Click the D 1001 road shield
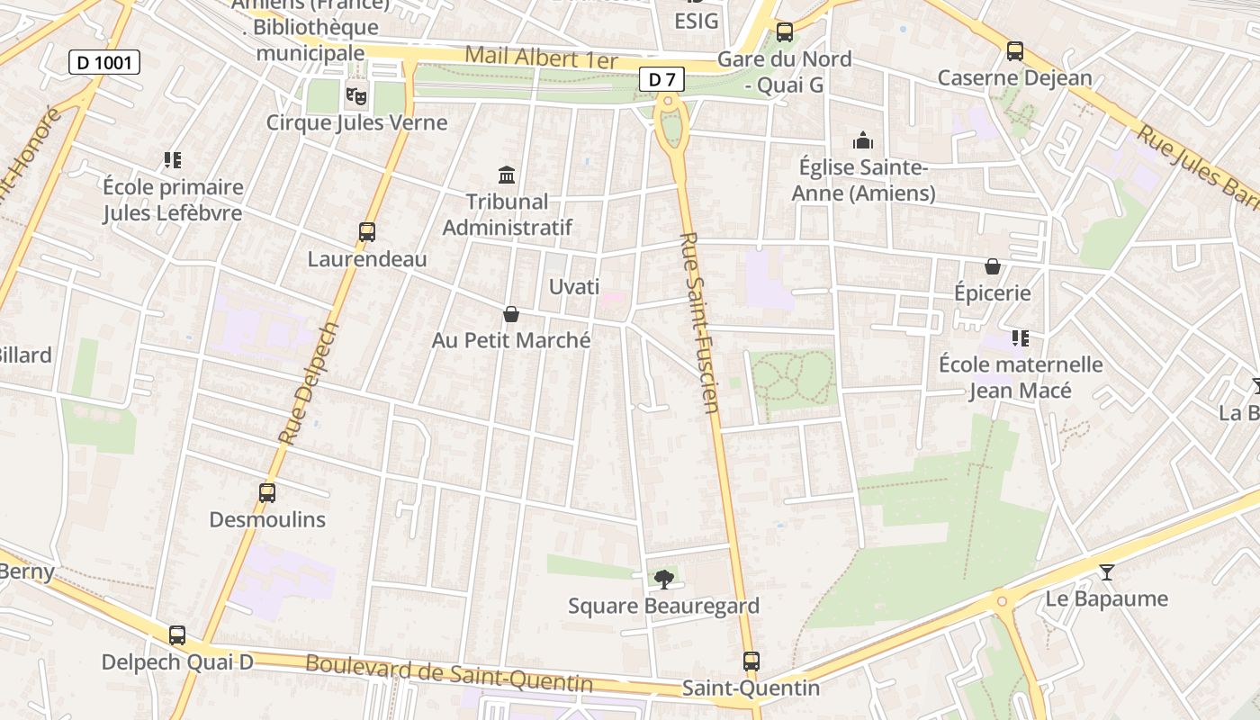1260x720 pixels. click(x=104, y=62)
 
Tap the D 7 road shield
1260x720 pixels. click(x=661, y=79)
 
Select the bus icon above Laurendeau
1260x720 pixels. click(x=367, y=232)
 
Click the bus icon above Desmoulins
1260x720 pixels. click(x=267, y=492)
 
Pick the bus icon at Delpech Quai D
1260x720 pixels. click(x=177, y=634)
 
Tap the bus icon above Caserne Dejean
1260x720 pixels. click(x=1015, y=51)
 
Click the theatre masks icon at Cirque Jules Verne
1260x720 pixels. click(x=356, y=94)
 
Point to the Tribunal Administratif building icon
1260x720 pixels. click(x=507, y=174)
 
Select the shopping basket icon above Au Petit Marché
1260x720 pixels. click(x=511, y=313)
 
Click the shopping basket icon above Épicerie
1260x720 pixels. click(x=993, y=266)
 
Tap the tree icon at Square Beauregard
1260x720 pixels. click(x=664, y=579)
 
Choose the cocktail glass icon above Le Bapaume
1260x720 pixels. click(x=1106, y=572)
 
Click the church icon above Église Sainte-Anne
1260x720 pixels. click(x=863, y=140)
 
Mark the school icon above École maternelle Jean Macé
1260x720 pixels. click(x=1020, y=338)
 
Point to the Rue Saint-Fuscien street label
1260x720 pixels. click(x=700, y=322)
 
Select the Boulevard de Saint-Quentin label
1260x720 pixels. click(x=449, y=674)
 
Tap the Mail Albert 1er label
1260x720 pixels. click(x=541, y=58)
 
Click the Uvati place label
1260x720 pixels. click(x=574, y=287)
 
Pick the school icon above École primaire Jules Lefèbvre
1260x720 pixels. click(x=173, y=160)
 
